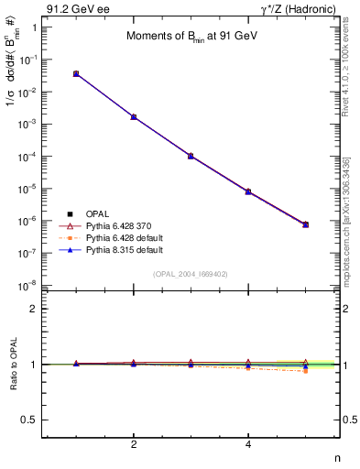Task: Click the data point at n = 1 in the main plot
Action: [x=76, y=73]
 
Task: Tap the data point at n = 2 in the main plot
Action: [x=134, y=117]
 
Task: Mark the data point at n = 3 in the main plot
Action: [x=191, y=156]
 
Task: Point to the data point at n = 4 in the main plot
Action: [x=248, y=191]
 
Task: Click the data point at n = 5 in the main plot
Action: [x=306, y=224]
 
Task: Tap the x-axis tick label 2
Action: [x=134, y=445]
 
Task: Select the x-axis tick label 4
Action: [x=248, y=445]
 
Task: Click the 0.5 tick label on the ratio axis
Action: [x=29, y=420]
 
